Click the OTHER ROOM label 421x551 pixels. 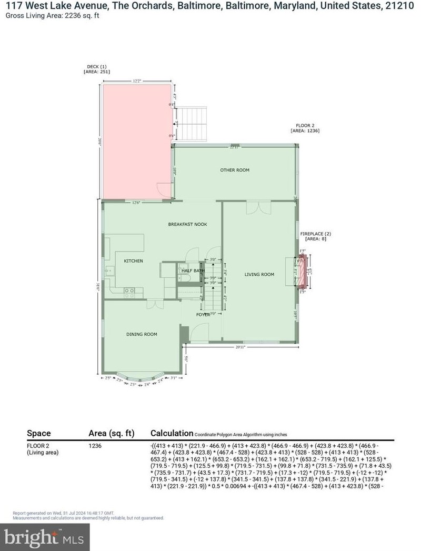pos(235,170)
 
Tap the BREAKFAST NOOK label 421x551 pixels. pos(187,224)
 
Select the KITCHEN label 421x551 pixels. pos(133,261)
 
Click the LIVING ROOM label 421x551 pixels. pos(259,274)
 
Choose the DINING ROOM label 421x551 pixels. pos(142,334)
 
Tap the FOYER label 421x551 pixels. pos(203,315)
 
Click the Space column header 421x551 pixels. pos(39,433)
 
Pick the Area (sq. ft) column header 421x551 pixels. pos(112,433)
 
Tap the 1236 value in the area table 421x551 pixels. pos(95,446)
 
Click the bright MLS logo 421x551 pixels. pos(45,537)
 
